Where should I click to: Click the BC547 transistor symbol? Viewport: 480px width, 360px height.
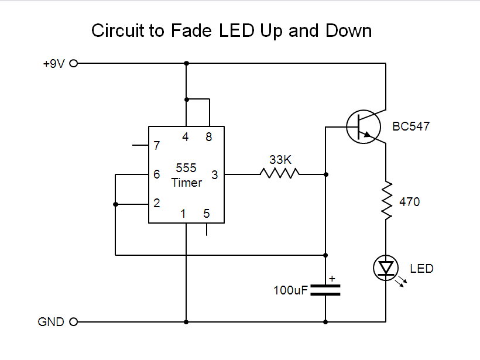coord(363,126)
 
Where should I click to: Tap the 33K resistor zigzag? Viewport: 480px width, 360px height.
coord(280,173)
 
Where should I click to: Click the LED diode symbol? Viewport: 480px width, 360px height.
coord(386,268)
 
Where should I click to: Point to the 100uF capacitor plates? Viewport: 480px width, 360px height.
coord(325,290)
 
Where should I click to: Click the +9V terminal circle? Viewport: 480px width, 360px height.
coord(74,63)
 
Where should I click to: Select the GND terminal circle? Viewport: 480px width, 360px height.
coord(74,321)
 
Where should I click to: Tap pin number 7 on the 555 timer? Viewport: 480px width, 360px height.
coord(156,146)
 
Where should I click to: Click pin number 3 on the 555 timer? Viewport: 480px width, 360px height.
coord(214,174)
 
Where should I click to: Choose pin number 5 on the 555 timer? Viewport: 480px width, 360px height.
coord(207,214)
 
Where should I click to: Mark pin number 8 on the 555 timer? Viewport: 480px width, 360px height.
coord(208,137)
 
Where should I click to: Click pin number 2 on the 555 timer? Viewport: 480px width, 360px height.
coord(156,203)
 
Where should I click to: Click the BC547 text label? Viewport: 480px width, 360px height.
coord(411,126)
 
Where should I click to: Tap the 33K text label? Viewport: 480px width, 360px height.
coord(280,159)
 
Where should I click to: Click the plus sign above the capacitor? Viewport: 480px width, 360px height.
coord(332,279)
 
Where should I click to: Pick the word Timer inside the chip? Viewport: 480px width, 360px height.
coord(187,183)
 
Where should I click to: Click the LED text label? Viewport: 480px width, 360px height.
coord(421,269)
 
